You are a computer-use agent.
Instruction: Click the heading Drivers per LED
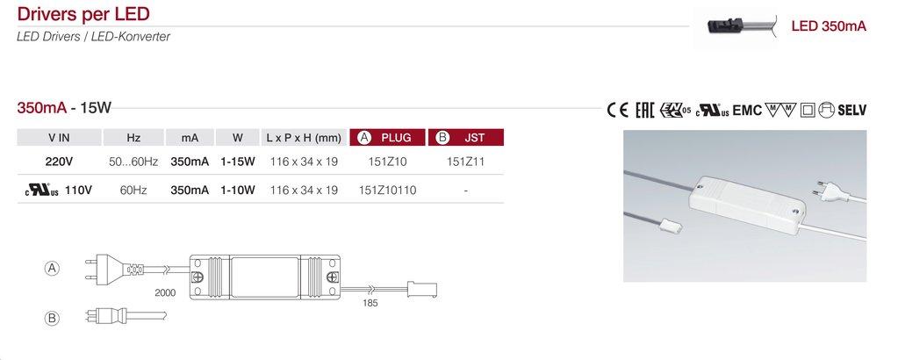click(83, 13)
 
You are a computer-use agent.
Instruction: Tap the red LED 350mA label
click(829, 26)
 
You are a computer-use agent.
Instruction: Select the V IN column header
click(59, 138)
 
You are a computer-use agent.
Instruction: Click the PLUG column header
click(388, 138)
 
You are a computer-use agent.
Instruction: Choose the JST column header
click(466, 138)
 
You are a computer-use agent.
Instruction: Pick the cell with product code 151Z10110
click(388, 191)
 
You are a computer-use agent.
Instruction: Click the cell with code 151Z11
click(465, 162)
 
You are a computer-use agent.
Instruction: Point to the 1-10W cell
click(238, 191)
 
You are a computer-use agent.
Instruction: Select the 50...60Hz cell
click(133, 162)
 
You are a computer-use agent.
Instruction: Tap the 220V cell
click(59, 162)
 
